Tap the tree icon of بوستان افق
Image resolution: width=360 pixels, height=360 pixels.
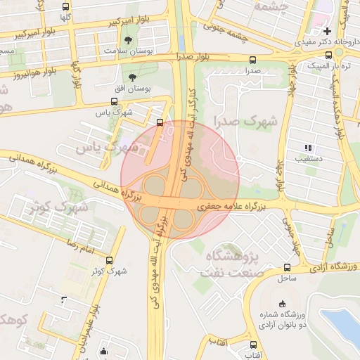click(x=133, y=75)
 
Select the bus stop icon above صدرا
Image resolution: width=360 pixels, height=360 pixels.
click(x=252, y=60)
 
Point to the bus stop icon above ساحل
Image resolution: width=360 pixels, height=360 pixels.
click(x=285, y=267)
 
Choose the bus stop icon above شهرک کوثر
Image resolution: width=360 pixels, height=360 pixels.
click(x=98, y=259)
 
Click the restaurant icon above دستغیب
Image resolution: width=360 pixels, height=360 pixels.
click(x=307, y=148)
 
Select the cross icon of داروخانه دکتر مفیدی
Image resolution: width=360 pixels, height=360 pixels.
click(x=327, y=32)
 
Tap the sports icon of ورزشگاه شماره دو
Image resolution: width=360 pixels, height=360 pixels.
click(x=283, y=304)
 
